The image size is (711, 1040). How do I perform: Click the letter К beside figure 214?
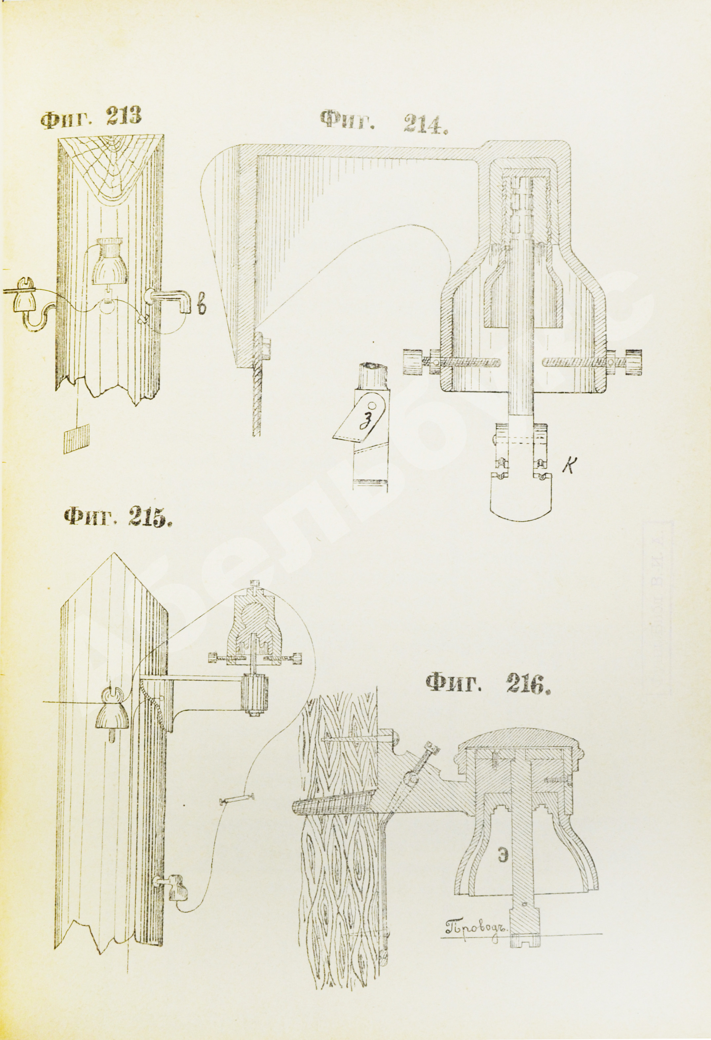[569, 467]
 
